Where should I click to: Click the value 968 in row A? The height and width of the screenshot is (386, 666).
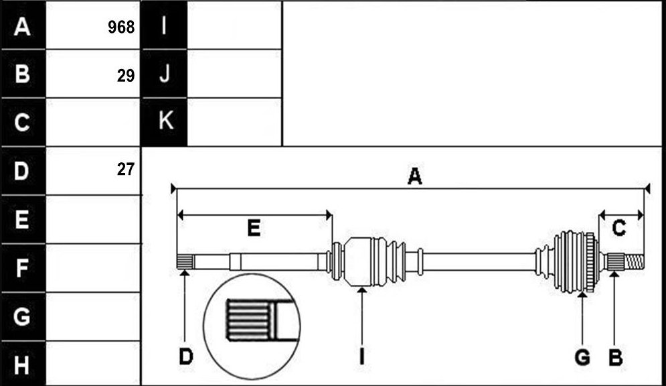tap(121, 27)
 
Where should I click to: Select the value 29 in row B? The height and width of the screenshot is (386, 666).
tap(126, 76)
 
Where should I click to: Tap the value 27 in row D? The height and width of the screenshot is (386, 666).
tap(126, 169)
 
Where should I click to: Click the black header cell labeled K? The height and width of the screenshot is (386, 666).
tap(164, 122)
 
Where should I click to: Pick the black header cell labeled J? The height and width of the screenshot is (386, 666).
tap(164, 74)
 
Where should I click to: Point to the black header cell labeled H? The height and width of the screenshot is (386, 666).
tap(23, 364)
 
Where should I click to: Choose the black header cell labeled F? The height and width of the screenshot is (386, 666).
tap(23, 268)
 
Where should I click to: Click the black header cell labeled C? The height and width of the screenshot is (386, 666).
tap(23, 122)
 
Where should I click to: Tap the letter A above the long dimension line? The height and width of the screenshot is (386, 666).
tap(414, 176)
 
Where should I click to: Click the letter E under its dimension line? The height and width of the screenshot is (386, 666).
tap(254, 229)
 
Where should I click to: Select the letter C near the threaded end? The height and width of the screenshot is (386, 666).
tap(619, 229)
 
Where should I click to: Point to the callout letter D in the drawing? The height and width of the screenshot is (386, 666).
tap(186, 357)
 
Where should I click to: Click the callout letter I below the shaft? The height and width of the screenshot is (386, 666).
tap(361, 357)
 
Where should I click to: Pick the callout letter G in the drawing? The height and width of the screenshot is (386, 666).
tap(582, 357)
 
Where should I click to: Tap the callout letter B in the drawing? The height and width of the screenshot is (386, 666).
tap(615, 357)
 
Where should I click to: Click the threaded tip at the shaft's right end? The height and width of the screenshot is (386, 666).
tap(635, 261)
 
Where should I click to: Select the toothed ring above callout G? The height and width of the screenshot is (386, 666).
tap(590, 262)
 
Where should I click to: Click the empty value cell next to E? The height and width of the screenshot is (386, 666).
tap(92, 219)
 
